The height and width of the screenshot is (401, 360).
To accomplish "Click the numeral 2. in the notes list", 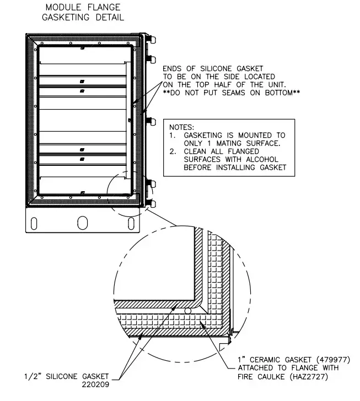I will pyautogui.click(x=172, y=151).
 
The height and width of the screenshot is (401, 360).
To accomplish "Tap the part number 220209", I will pyautogui.click(x=95, y=384).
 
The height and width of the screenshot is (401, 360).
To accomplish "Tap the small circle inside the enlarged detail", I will pyautogui.click(x=189, y=311).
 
